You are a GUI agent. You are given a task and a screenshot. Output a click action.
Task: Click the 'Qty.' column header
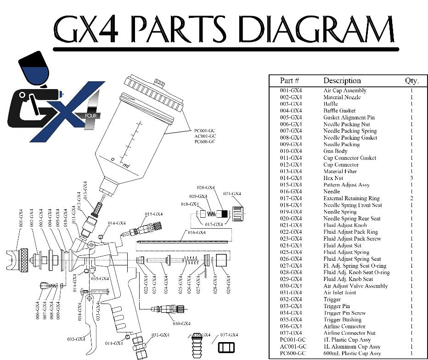411,81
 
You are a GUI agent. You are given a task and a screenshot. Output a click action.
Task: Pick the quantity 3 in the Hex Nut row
411,178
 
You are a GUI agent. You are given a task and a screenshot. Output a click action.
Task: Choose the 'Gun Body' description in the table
335,151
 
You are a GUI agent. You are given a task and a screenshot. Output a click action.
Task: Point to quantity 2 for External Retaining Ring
411,198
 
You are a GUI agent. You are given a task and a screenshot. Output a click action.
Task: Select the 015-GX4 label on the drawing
154,214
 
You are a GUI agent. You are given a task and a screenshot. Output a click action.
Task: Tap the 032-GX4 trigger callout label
77,339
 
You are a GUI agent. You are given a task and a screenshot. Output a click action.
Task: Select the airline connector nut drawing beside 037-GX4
225,348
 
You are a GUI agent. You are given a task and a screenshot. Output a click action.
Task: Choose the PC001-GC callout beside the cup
205,131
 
